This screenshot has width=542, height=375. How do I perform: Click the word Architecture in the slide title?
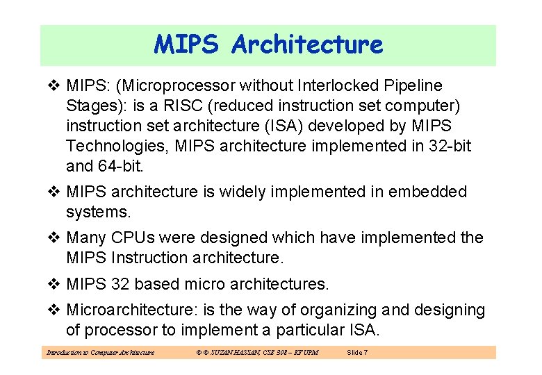(x=307, y=45)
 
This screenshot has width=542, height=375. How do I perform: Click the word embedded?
(x=429, y=192)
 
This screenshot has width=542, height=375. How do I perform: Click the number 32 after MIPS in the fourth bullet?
(x=119, y=284)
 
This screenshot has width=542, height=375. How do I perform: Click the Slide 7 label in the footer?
(x=356, y=353)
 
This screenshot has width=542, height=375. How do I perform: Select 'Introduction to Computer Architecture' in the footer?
(x=100, y=353)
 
